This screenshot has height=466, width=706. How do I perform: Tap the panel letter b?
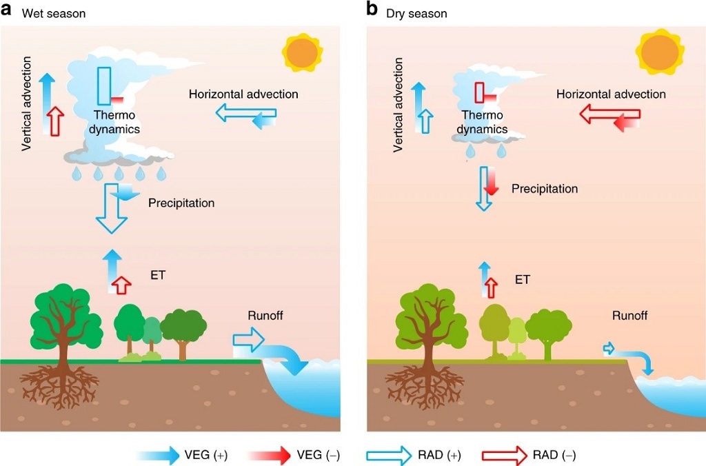coord(372,10)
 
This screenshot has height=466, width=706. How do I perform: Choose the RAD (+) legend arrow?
coord(390,455)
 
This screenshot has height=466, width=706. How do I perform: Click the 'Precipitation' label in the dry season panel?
coord(545,188)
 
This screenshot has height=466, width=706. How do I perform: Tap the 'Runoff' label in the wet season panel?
coord(265,316)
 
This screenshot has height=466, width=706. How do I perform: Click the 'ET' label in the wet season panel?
coord(157,275)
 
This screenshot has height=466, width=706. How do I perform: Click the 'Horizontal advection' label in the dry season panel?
coord(611,94)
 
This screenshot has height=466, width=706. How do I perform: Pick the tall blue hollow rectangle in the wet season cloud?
coord(104,85)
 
